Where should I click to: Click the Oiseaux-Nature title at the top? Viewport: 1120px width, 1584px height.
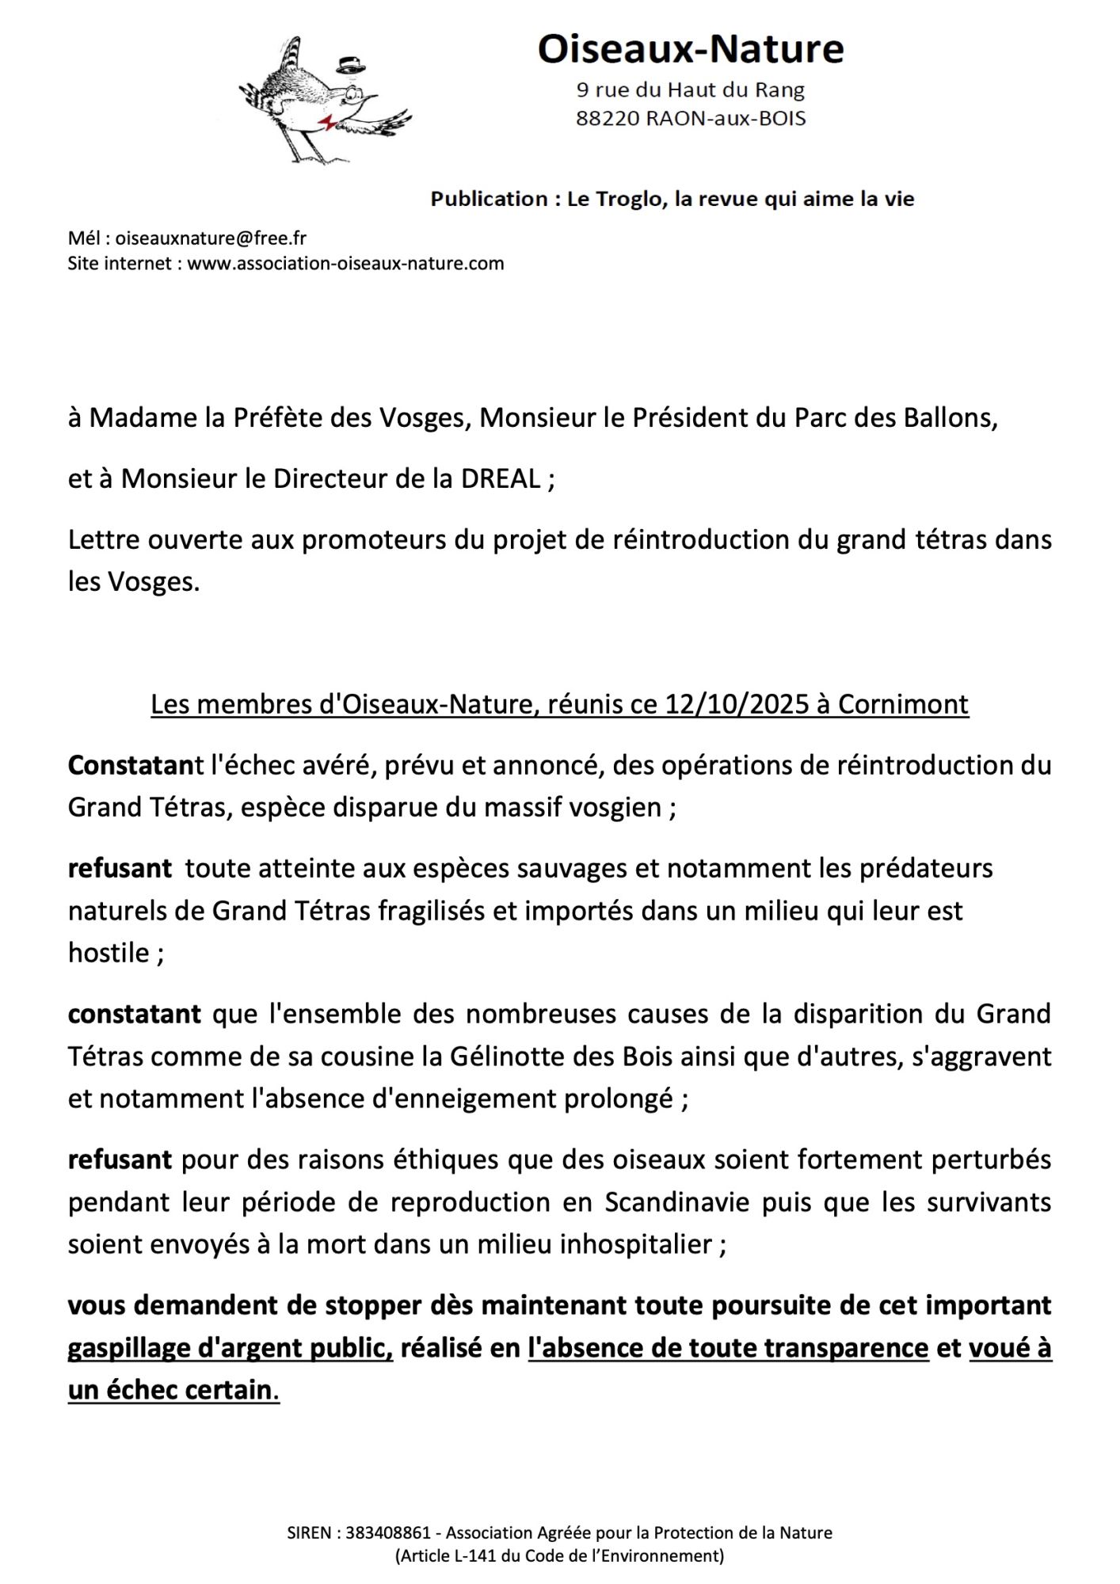click(690, 49)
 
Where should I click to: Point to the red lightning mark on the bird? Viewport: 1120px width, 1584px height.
click(326, 121)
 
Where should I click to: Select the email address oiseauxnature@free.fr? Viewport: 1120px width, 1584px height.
click(211, 238)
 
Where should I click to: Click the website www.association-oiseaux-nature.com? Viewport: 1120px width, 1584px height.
click(345, 263)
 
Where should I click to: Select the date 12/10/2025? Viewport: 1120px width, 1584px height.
click(737, 704)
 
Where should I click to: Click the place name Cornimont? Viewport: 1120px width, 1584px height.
click(903, 704)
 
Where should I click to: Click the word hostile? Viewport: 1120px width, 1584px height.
click(109, 953)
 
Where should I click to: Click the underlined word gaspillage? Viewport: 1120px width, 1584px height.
click(128, 1348)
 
